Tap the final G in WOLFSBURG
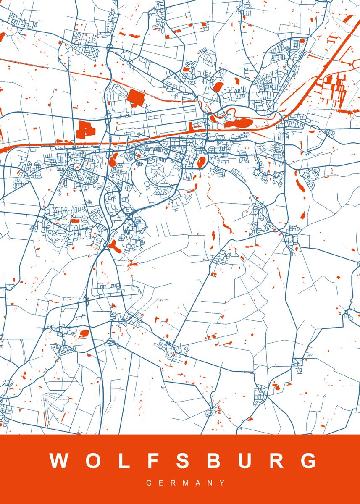(310, 461)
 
